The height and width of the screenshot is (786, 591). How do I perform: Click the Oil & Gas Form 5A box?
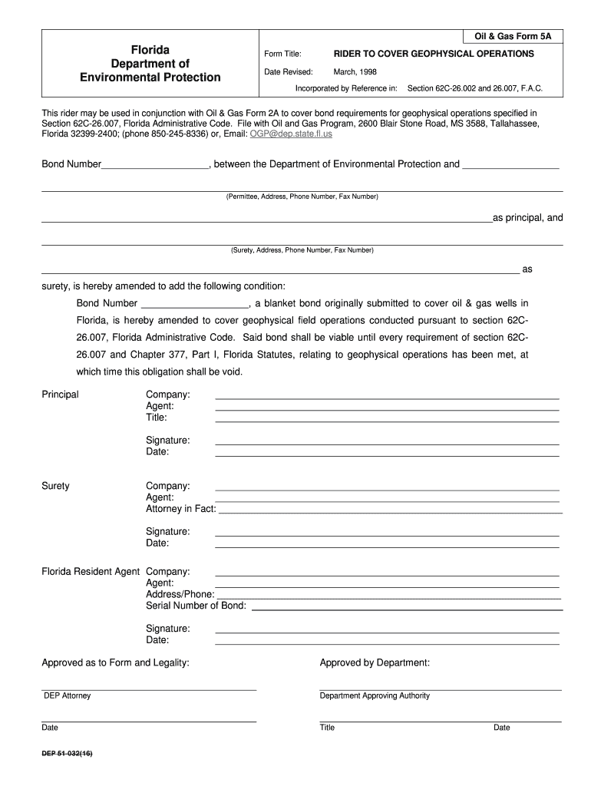[x=512, y=36]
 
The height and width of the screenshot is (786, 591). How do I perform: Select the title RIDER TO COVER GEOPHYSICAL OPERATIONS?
[x=434, y=54]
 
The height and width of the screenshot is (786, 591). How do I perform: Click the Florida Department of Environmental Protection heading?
[x=150, y=64]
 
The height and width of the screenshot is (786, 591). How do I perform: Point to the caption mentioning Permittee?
[x=302, y=196]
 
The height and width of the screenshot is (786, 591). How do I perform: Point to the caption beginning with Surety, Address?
[x=302, y=250]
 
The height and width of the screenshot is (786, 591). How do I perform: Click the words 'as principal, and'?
[x=527, y=218]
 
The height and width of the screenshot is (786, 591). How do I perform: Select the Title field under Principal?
[x=387, y=419]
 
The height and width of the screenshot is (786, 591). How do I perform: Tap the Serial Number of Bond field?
[x=407, y=607]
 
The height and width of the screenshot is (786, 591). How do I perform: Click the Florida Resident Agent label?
[x=91, y=572]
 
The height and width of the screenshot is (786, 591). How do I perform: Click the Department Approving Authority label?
[x=375, y=695]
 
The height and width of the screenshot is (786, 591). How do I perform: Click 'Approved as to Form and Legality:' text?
[x=115, y=662]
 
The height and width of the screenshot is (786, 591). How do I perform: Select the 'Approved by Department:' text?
[x=375, y=662]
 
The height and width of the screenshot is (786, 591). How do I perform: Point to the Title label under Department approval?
[x=328, y=728]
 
